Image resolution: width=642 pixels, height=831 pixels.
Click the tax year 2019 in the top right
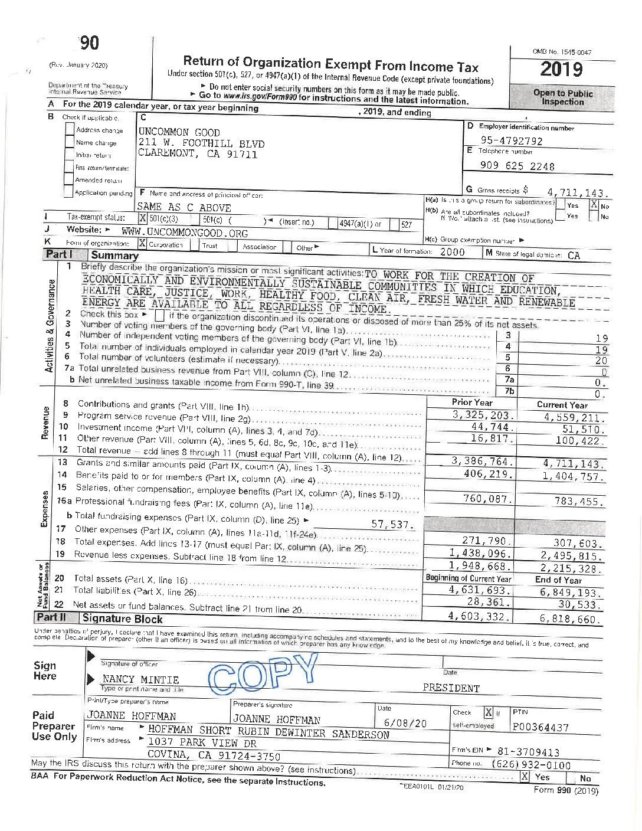[x=561, y=70]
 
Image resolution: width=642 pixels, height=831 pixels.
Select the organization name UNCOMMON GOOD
[x=179, y=132]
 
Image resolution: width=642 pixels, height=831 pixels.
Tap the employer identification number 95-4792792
[x=511, y=140]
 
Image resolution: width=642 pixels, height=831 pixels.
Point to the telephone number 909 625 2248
[x=517, y=166]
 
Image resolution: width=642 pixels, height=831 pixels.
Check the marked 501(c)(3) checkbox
[x=142, y=218]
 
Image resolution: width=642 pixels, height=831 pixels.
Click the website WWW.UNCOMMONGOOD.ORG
[x=185, y=233]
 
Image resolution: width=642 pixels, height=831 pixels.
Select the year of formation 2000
[x=452, y=252]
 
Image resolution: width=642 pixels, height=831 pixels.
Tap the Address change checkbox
[x=70, y=129]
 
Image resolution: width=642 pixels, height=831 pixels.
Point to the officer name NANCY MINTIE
[x=140, y=679]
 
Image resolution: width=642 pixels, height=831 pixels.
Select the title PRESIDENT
[x=451, y=688]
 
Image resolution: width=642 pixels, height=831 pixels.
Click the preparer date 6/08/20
[x=397, y=723]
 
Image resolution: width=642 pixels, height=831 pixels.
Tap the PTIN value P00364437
[x=541, y=727]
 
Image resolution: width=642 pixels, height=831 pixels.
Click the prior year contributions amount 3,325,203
[x=483, y=415]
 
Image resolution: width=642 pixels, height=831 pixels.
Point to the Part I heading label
[x=58, y=254]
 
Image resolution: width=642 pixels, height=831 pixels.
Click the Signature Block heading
[x=122, y=619]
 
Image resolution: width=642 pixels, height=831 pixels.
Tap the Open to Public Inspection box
[x=562, y=97]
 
